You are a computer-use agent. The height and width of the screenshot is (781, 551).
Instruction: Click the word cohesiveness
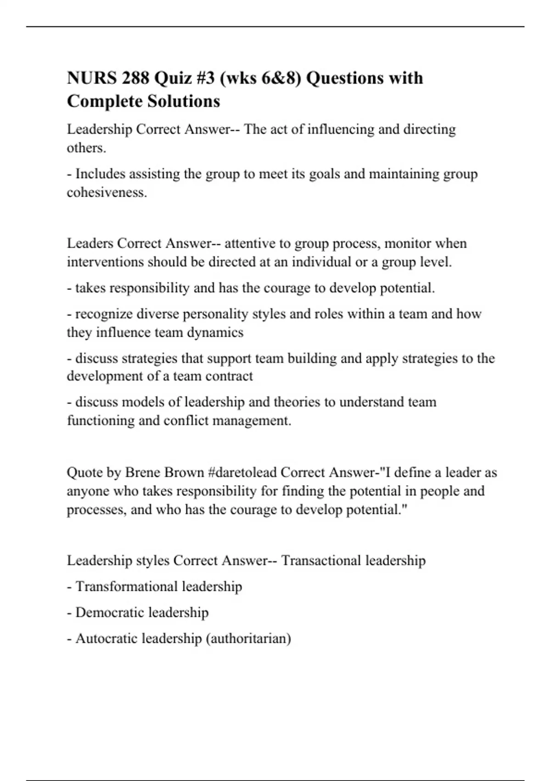107,192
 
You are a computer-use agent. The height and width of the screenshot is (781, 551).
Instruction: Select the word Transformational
126,587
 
